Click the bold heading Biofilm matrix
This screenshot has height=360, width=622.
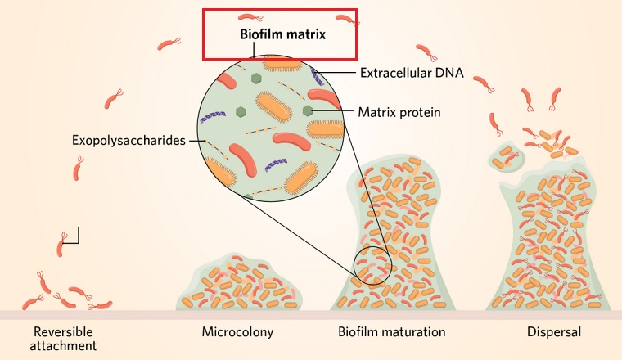coord(282,35)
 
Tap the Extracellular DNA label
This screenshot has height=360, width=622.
coord(412,73)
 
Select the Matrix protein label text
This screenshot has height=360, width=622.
coord(399,111)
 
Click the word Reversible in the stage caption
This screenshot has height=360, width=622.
coord(64,332)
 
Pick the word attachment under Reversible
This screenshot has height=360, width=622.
coord(65,346)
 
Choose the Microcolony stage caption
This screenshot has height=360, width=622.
coord(237,332)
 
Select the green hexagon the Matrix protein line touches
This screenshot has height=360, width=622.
coord(308,110)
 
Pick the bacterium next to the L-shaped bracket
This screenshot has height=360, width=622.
coord(63,241)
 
